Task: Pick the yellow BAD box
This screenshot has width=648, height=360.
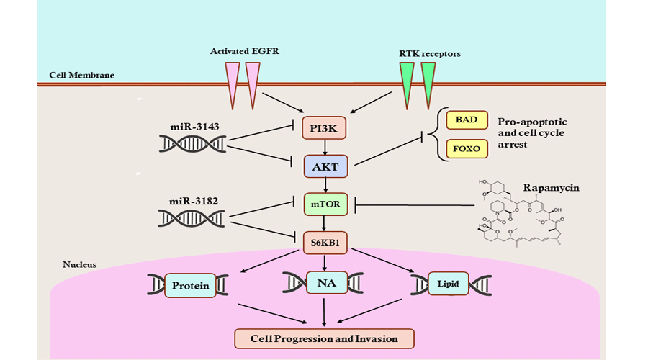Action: pyautogui.click(x=467, y=120)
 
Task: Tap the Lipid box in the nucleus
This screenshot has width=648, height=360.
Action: pyautogui.click(x=447, y=285)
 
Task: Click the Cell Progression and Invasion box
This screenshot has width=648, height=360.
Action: pyautogui.click(x=325, y=338)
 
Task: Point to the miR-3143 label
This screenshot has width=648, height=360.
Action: pyautogui.click(x=194, y=127)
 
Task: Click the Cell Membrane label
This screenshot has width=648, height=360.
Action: pyautogui.click(x=81, y=75)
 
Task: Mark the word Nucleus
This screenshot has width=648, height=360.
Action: pyautogui.click(x=79, y=265)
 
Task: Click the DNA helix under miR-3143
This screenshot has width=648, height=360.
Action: pyautogui.click(x=192, y=144)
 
